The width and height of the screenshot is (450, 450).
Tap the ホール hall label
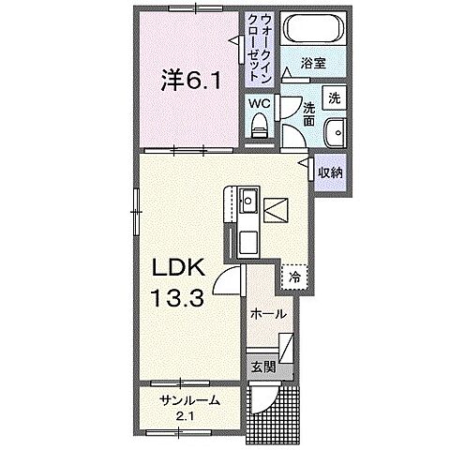268,316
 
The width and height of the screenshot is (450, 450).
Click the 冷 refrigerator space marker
295,277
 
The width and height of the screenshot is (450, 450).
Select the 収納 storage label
329,172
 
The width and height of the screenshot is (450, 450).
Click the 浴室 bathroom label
313,65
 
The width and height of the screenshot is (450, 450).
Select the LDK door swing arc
228,277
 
